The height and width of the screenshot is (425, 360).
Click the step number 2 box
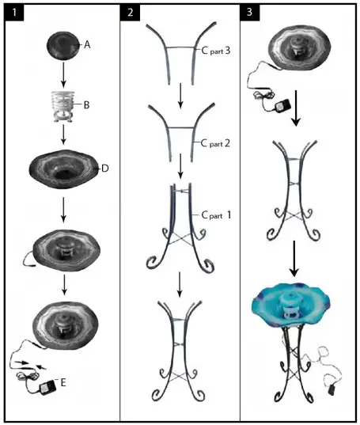point(131,14)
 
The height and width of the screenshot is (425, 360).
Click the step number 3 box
point(252,14)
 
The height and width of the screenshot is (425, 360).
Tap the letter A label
point(88,46)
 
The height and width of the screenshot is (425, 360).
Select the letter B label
point(87,103)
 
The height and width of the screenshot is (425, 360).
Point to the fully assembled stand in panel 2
point(181,353)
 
